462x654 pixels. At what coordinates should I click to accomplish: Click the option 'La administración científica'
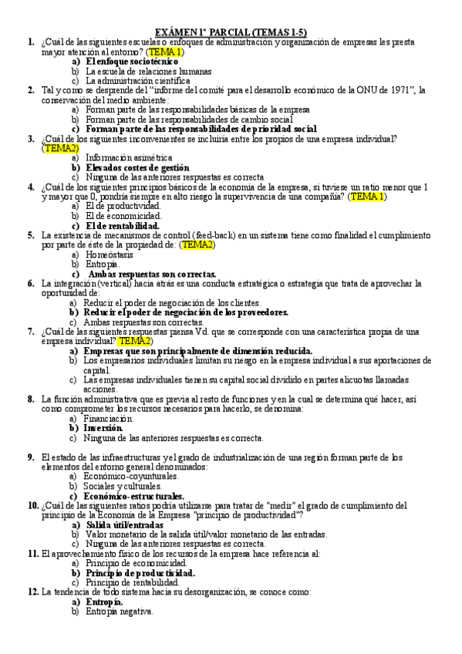(137, 79)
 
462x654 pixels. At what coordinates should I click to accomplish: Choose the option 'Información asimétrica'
(129, 157)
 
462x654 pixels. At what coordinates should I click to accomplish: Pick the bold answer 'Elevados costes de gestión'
(137, 167)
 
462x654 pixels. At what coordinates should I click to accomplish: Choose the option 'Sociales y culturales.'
(123, 487)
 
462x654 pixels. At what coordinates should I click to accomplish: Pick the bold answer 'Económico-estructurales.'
(134, 496)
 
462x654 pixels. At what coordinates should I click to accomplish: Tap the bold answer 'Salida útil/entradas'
(124, 524)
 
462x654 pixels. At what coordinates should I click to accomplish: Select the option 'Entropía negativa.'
(119, 612)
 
